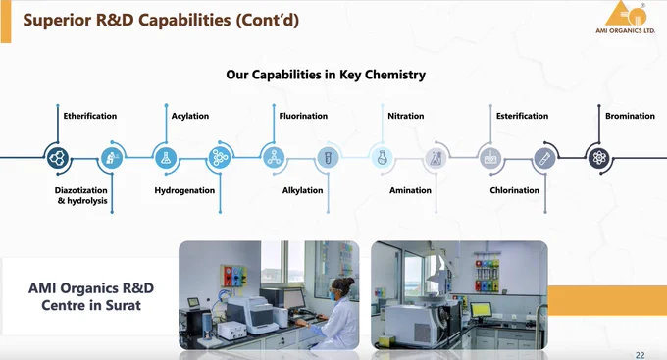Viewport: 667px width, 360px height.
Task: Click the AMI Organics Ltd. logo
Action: tap(626, 18)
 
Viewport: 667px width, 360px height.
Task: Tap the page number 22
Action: tap(640, 355)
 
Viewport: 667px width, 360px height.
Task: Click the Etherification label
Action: tap(90, 116)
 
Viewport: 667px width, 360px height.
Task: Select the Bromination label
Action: tap(630, 116)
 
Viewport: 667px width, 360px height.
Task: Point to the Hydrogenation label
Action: tap(184, 190)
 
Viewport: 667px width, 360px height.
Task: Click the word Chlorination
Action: tap(514, 190)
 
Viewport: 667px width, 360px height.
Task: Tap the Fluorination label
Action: tap(303, 116)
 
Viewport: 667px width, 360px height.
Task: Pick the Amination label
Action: tap(410, 190)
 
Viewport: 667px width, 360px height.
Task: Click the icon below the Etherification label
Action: tap(58, 158)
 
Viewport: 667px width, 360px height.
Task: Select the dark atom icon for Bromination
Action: tap(599, 158)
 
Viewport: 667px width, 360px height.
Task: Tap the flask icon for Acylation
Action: tap(166, 158)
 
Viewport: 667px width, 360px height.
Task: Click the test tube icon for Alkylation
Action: tap(328, 158)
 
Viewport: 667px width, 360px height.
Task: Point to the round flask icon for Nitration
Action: tap(382, 158)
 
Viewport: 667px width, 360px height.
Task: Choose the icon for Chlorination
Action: tap(544, 158)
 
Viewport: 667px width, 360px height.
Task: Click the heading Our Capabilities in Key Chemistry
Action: tap(326, 75)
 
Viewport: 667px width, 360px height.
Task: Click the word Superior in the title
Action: tap(57, 20)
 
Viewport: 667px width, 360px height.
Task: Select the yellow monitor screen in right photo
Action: tap(481, 309)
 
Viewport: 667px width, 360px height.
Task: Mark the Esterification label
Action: tap(522, 116)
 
